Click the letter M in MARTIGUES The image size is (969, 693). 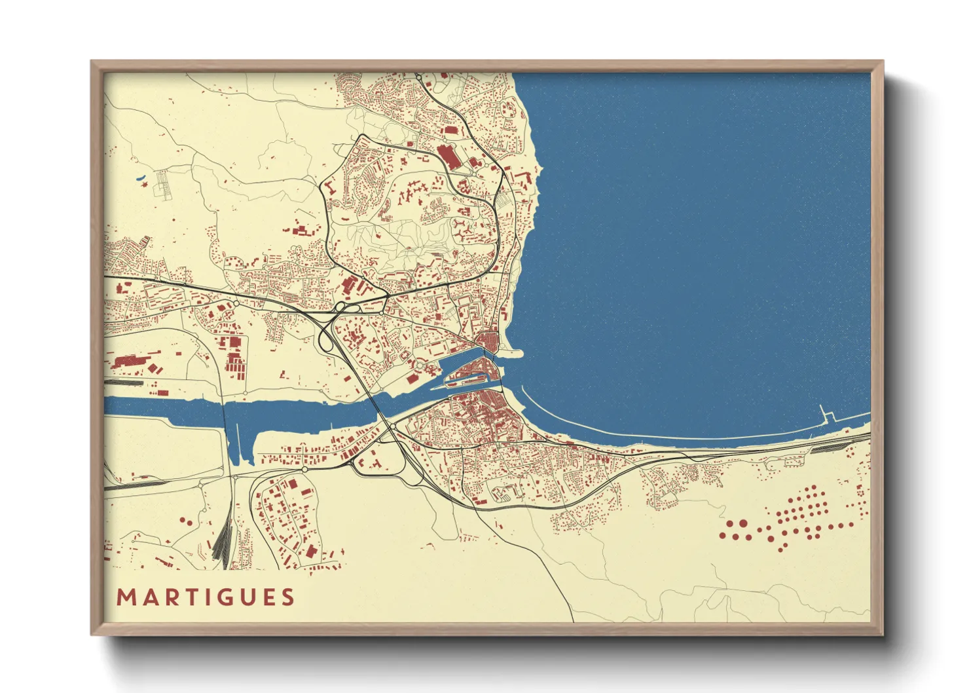[125, 597]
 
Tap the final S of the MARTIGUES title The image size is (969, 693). [287, 597]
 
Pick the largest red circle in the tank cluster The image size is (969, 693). [742, 523]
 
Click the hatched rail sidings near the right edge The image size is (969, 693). [830, 447]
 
